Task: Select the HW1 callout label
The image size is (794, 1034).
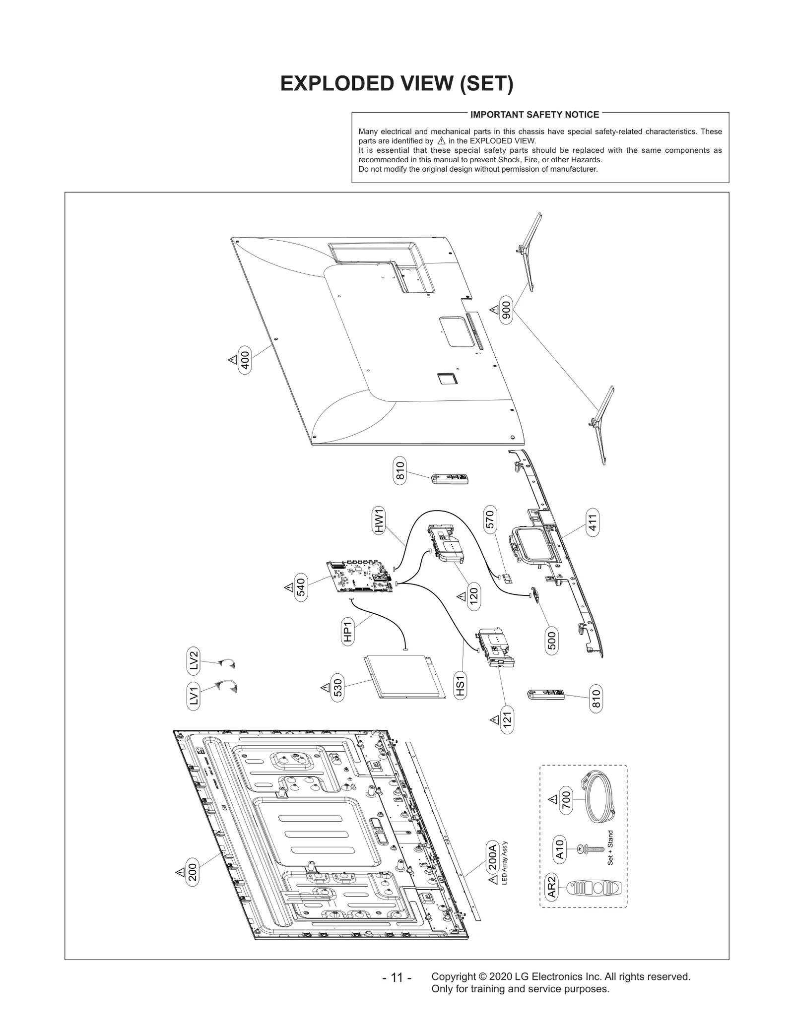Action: pyautogui.click(x=379, y=521)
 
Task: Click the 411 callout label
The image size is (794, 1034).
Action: pyautogui.click(x=592, y=523)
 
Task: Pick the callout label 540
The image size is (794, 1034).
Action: pyautogui.click(x=301, y=587)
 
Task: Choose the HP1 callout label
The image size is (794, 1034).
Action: pyautogui.click(x=348, y=632)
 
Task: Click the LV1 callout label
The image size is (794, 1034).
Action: pyautogui.click(x=194, y=697)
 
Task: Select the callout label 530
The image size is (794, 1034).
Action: pyautogui.click(x=337, y=687)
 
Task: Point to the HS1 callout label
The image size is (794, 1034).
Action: pyautogui.click(x=461, y=686)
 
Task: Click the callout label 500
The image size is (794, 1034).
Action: pyautogui.click(x=552, y=640)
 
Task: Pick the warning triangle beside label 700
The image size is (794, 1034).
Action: pyautogui.click(x=552, y=799)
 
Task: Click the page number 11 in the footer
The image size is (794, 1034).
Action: pyautogui.click(x=397, y=977)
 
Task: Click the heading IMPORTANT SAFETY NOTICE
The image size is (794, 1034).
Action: pyautogui.click(x=534, y=115)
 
